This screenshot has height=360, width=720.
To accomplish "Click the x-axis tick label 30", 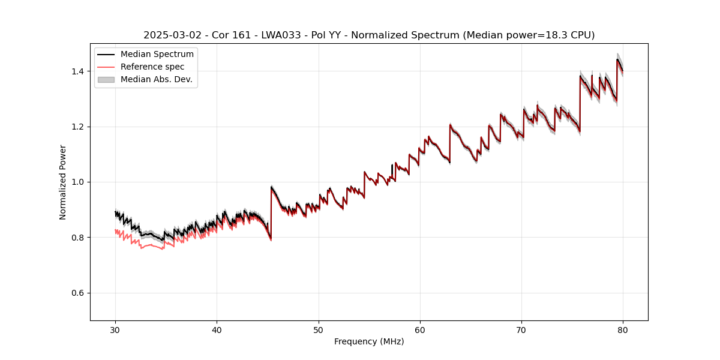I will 115,329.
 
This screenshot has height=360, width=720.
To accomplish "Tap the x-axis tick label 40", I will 217,329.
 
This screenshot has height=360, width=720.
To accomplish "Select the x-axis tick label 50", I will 319,329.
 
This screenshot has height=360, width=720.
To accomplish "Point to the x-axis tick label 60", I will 420,329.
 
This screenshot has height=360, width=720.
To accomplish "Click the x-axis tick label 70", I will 521,329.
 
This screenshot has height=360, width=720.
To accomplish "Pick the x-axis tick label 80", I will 623,329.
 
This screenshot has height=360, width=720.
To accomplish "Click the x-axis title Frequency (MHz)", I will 369,341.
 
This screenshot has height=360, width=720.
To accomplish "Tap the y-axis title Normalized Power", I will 63,182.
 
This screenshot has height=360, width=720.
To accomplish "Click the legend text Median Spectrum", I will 157,55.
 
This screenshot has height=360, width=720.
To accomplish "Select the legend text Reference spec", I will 152,67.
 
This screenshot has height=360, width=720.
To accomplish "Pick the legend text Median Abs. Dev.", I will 157,79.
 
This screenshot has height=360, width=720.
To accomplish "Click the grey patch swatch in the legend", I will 107,79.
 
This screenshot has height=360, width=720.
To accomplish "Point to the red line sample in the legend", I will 107,67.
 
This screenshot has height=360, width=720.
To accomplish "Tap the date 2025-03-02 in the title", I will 170,35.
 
